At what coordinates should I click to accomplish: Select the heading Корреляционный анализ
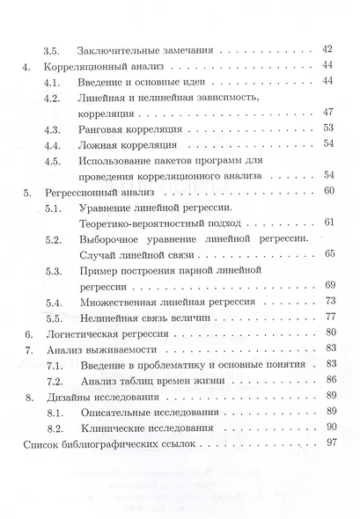(x=109, y=66)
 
